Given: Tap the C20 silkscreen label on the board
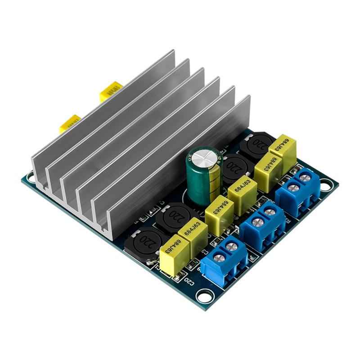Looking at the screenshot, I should (189, 282).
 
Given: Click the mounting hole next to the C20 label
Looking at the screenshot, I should (205, 297).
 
